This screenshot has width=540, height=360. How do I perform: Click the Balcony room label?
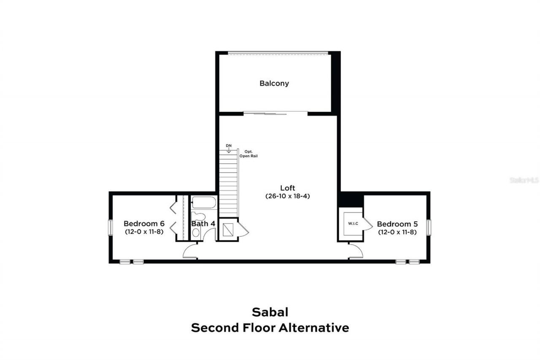(x=274, y=83)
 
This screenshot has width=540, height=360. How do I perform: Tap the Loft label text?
(x=288, y=188)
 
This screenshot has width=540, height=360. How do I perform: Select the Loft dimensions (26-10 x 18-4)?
(x=288, y=196)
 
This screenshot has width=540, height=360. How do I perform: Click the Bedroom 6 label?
(x=144, y=224)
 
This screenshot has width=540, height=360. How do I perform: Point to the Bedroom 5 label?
(x=397, y=224)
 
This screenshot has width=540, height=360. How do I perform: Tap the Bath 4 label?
(x=203, y=224)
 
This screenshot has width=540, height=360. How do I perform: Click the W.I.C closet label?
(x=353, y=223)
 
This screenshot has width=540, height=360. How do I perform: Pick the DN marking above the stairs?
(x=229, y=146)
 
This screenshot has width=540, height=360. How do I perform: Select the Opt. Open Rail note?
(x=249, y=153)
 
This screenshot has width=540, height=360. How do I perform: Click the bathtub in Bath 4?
(x=204, y=203)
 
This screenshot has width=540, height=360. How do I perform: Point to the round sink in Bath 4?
(x=196, y=232)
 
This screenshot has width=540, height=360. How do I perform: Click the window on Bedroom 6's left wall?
(x=110, y=227)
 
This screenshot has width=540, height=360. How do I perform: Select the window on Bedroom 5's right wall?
(x=429, y=227)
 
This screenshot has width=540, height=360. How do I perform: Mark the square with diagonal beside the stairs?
(x=228, y=230)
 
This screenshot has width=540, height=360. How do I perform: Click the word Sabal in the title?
(x=270, y=312)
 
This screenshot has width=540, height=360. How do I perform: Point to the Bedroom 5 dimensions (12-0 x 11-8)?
(x=397, y=232)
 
